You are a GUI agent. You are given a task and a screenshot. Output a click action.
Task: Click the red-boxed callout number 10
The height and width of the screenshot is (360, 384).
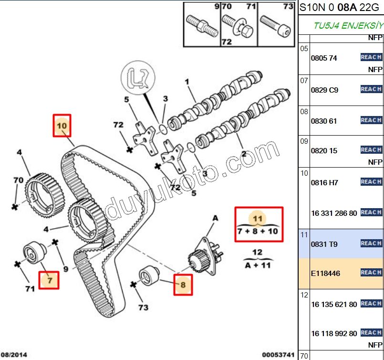click(x=62, y=126)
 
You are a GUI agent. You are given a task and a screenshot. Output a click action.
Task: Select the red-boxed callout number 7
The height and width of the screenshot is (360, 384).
click(x=49, y=280)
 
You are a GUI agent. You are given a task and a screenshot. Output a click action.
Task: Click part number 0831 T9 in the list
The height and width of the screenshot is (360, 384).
click(x=324, y=244)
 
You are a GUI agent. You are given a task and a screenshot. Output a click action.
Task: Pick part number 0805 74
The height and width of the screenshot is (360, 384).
click(x=324, y=58)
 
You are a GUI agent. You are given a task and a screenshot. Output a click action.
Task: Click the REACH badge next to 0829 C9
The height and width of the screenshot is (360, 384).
click(x=371, y=89)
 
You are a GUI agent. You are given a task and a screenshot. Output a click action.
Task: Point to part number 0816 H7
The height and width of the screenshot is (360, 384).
click(x=324, y=182)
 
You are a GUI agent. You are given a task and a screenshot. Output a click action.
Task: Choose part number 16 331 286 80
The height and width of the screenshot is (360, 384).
click(x=334, y=213)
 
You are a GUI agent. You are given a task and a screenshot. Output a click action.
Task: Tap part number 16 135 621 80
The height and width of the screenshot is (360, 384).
click(x=334, y=304)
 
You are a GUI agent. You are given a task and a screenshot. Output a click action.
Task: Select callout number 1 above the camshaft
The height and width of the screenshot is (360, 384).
click(x=187, y=82)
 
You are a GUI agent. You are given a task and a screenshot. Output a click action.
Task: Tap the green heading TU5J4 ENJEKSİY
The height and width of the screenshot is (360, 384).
click(x=348, y=25)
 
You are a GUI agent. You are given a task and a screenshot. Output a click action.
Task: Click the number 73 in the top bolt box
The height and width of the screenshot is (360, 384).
click(x=288, y=7)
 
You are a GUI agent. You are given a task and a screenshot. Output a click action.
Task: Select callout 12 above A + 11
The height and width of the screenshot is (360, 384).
click(x=257, y=252)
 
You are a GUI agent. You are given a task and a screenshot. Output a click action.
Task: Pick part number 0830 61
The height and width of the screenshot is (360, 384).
click(x=324, y=121)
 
